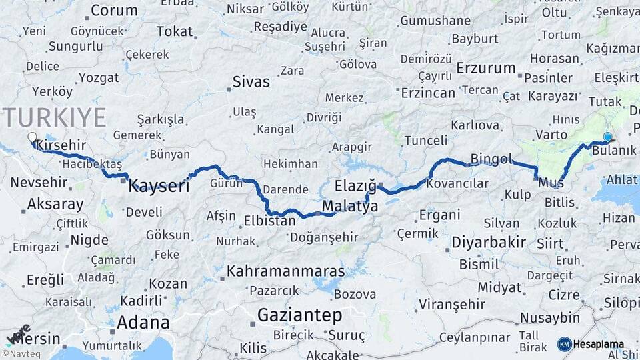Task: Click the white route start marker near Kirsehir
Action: click(x=32, y=138)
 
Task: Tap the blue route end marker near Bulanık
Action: click(x=607, y=137)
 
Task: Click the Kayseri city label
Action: click(x=159, y=185)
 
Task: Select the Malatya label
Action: click(x=349, y=207)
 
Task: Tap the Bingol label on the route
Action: click(x=491, y=159)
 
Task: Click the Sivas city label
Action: click(x=251, y=82)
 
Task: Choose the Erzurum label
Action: click(x=486, y=68)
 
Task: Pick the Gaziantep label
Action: click(x=299, y=314)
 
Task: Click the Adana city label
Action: click(x=143, y=323)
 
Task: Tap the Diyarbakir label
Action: click(x=489, y=242)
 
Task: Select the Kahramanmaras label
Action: click(x=286, y=271)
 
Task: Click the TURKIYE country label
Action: click(x=55, y=117)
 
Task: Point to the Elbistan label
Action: click(x=269, y=220)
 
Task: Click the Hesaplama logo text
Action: click(x=599, y=345)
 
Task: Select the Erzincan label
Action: click(x=428, y=93)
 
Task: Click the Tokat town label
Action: click(x=175, y=31)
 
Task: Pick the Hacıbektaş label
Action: click(x=89, y=163)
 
